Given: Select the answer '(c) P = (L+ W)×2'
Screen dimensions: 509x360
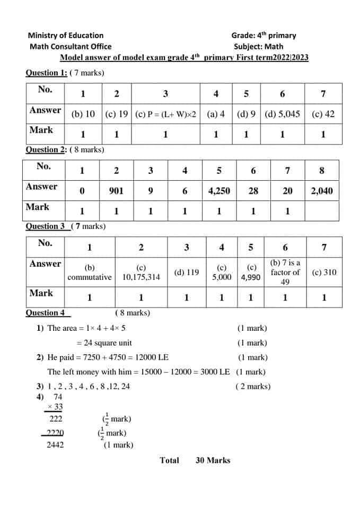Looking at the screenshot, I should click(166, 114).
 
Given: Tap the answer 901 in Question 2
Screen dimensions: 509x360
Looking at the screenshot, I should click(116, 191).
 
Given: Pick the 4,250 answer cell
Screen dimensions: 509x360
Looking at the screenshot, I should click(219, 191).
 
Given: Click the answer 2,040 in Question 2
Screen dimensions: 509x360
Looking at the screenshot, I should click(322, 191).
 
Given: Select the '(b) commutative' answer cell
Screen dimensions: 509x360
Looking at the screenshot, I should click(90, 273).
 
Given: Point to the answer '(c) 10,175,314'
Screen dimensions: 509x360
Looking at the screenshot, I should click(141, 273).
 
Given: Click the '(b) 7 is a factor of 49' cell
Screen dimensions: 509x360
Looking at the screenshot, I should click(285, 272).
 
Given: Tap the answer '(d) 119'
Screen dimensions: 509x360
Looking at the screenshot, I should click(187, 273).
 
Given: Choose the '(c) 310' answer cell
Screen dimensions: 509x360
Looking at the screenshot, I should click(324, 273).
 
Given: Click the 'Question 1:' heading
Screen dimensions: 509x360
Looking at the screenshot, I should click(47, 73).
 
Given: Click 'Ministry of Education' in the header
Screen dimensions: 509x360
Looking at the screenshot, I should click(66, 36).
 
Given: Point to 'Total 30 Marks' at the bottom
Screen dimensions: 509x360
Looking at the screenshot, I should click(195, 460).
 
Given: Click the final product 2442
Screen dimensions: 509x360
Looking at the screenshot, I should click(55, 445).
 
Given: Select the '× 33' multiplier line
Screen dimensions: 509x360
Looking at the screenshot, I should click(55, 407).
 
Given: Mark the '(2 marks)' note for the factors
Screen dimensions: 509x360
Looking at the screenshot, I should click(253, 386).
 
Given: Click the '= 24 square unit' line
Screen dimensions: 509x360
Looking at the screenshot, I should click(104, 343).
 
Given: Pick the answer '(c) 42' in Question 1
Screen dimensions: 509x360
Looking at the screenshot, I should click(323, 114).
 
